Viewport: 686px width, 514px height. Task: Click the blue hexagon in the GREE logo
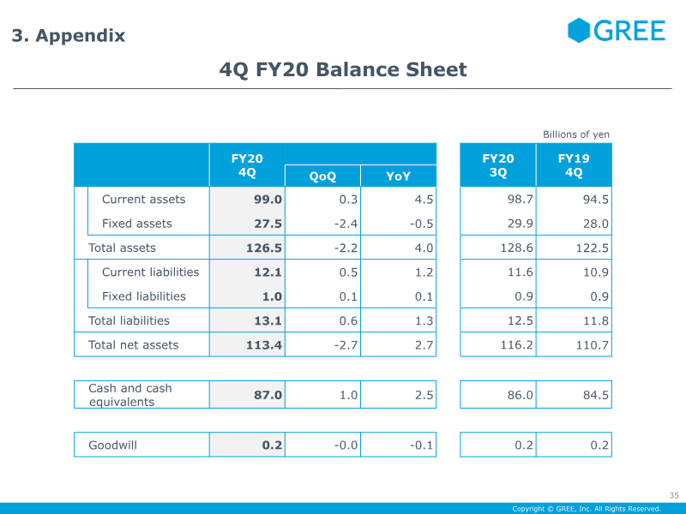click(x=579, y=30)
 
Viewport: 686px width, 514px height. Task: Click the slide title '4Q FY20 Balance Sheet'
click(x=343, y=69)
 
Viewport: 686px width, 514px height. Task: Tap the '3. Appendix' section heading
click(x=69, y=35)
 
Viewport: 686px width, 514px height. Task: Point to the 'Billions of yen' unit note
click(x=575, y=134)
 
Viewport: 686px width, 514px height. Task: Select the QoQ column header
click(x=322, y=176)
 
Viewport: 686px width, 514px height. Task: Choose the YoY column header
click(x=398, y=176)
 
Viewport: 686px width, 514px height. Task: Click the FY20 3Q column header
click(x=498, y=165)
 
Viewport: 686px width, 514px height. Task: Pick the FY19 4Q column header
click(x=574, y=165)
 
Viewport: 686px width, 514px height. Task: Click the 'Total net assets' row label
click(x=134, y=345)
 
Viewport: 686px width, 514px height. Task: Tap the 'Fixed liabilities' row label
click(x=144, y=296)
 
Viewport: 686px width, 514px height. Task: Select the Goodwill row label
click(x=113, y=445)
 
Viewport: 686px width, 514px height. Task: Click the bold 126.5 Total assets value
click(x=264, y=248)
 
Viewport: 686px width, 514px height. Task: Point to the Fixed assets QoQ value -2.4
click(x=346, y=224)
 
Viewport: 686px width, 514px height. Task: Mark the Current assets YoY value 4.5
click(x=424, y=200)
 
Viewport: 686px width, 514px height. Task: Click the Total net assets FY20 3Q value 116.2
click(x=517, y=345)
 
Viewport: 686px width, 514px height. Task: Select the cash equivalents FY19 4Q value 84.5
click(x=595, y=395)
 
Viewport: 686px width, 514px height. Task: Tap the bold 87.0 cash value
click(x=268, y=395)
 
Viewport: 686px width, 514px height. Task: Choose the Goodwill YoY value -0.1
click(x=421, y=445)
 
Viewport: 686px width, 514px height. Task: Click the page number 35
click(x=674, y=495)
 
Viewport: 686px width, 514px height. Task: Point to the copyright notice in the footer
click(x=587, y=509)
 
